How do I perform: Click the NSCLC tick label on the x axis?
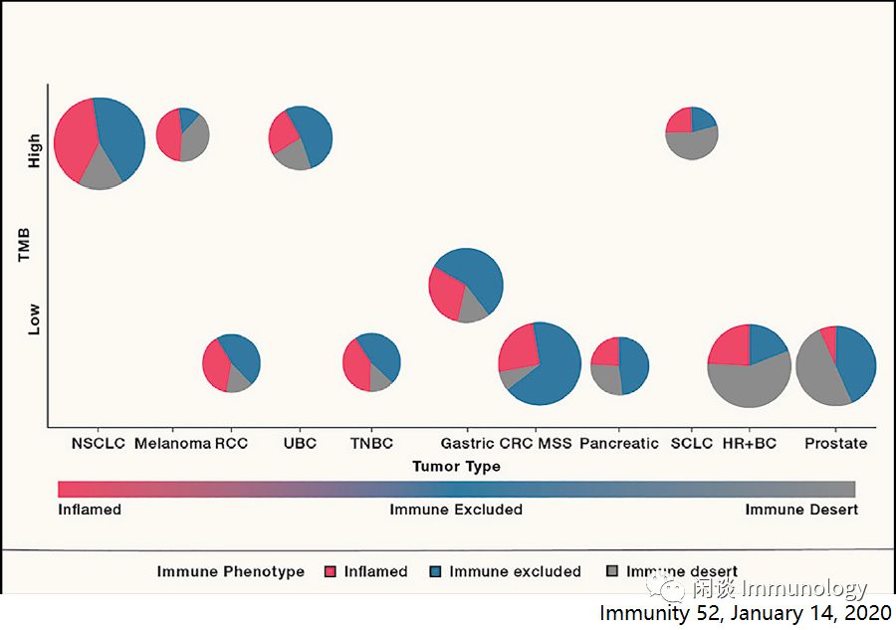99,443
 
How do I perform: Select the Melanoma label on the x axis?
172,443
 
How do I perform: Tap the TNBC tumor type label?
371,443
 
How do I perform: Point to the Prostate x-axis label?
835,443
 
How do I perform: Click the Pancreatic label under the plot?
619,443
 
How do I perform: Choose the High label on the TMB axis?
35,150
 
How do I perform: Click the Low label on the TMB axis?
35,319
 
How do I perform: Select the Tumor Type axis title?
456,466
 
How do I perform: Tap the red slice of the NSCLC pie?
74,139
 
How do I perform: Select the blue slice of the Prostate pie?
856,358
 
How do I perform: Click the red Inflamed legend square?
331,572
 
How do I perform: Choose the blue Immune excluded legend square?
435,572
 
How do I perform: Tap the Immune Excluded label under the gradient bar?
456,510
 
